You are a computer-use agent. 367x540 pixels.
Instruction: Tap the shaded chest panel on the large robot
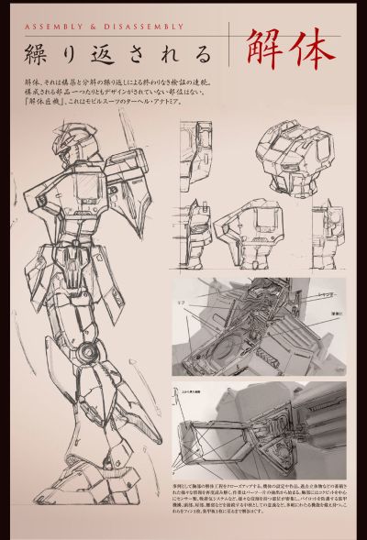(x=87, y=193)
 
